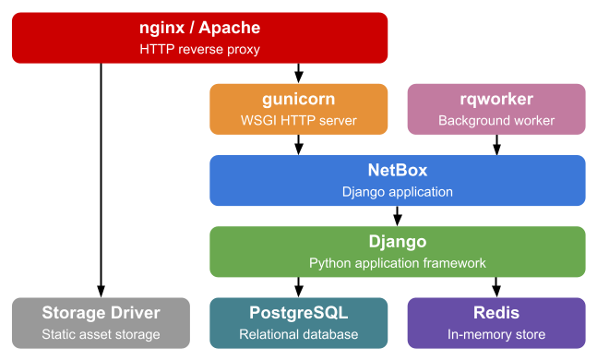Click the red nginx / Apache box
tap(199, 38)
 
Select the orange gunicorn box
tap(299, 109)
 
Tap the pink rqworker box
tap(496, 109)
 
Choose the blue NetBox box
tap(397, 180)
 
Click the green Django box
tap(397, 251)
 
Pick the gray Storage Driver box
tap(101, 322)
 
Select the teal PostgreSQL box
tap(299, 322)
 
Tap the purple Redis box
tap(496, 322)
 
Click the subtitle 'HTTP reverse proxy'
tap(199, 50)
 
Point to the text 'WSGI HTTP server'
tap(299, 121)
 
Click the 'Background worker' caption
tap(496, 121)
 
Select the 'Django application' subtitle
tap(397, 192)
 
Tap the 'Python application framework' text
tap(397, 263)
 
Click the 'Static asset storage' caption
tap(101, 334)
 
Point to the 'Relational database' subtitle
tap(299, 334)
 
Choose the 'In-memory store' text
tap(496, 334)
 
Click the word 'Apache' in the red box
tap(229, 29)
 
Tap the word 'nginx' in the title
tap(161, 29)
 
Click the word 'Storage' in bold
tap(74, 313)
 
